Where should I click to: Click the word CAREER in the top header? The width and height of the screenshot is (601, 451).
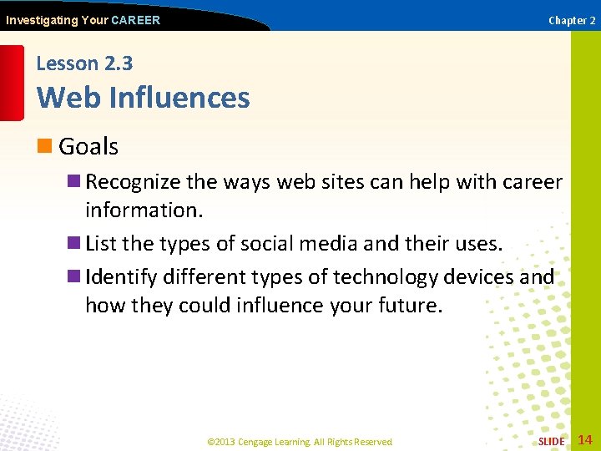pyautogui.click(x=135, y=20)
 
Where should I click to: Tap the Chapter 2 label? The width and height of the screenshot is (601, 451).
pyautogui.click(x=572, y=20)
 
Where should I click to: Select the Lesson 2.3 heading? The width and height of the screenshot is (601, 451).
pyautogui.click(x=84, y=63)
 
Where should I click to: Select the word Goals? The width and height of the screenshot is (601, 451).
pyautogui.click(x=88, y=146)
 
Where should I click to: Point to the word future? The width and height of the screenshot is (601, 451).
pyautogui.click(x=409, y=306)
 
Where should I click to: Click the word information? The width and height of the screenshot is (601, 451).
pyautogui.click(x=144, y=211)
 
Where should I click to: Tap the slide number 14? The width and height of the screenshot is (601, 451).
pyautogui.click(x=585, y=439)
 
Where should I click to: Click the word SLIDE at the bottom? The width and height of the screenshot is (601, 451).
pyautogui.click(x=551, y=441)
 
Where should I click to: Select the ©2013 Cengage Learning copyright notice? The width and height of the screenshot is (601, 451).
pyautogui.click(x=300, y=441)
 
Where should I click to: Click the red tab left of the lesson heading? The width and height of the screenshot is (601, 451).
pyautogui.click(x=12, y=83)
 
